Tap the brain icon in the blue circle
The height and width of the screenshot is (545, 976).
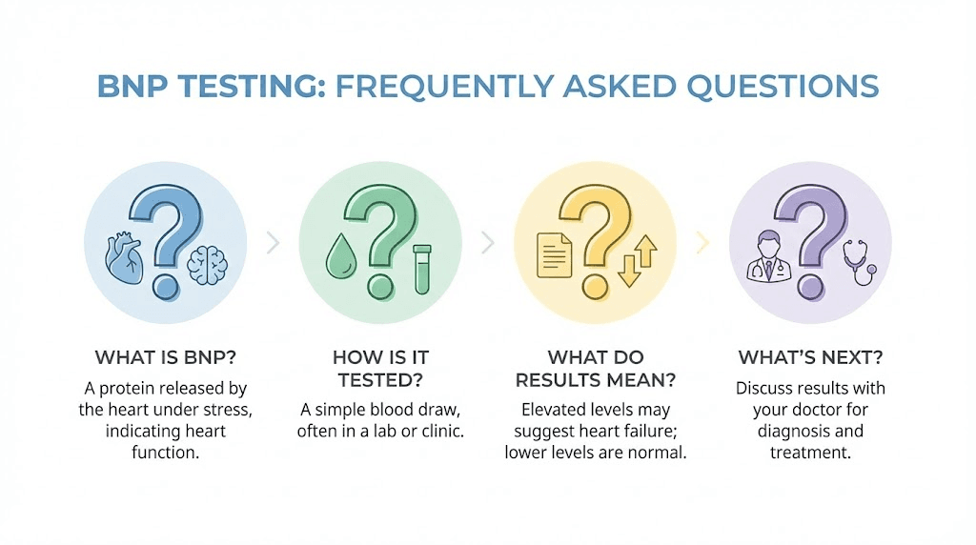[x=206, y=263]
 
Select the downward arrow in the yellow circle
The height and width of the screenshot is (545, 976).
[x=628, y=270]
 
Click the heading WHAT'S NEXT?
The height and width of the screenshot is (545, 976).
[x=810, y=358]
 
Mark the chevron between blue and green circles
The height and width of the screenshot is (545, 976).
[x=273, y=243]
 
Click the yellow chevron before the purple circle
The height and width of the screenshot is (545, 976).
[x=703, y=243]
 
